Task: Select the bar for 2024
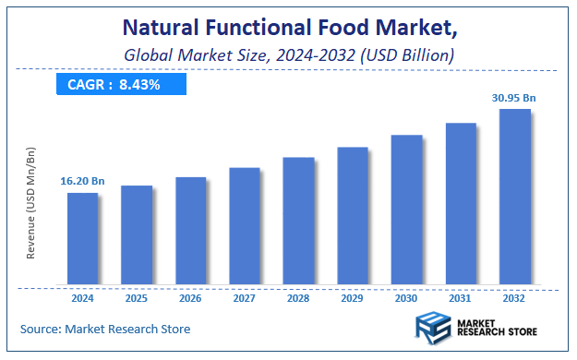[82, 238]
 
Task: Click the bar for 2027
[244, 225]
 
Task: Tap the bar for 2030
[406, 210]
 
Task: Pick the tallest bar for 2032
[514, 197]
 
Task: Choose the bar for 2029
[352, 215]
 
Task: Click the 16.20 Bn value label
[82, 183]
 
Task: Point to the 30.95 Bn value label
[514, 97]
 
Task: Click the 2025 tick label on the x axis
[137, 299]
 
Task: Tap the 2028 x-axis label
[298, 299]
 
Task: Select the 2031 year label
[460, 299]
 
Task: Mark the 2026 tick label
[190, 299]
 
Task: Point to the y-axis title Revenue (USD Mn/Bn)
[30, 200]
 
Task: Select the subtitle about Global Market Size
[288, 55]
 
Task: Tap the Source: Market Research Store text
[104, 329]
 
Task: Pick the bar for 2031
[460, 203]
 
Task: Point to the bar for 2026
[190, 230]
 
